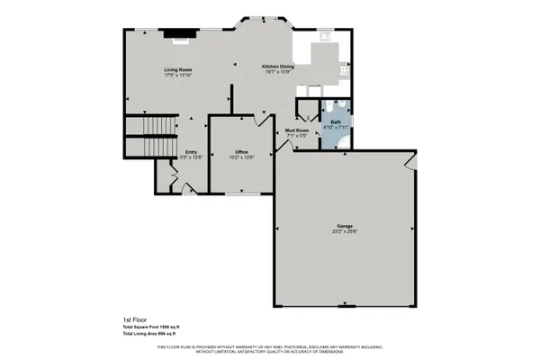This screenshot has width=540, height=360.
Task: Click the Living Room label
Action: point(178,69)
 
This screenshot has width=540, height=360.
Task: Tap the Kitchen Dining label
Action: point(278,66)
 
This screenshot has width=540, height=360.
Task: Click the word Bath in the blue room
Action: point(336,121)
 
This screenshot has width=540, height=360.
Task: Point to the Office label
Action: point(241,151)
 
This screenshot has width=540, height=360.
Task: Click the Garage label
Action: point(344,225)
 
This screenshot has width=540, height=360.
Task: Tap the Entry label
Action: point(191,151)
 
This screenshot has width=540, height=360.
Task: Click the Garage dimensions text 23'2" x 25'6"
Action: point(344,231)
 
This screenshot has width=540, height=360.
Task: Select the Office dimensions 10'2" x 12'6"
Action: point(241,157)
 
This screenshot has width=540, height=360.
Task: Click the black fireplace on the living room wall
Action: point(184,38)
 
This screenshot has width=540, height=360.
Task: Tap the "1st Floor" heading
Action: point(135,319)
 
